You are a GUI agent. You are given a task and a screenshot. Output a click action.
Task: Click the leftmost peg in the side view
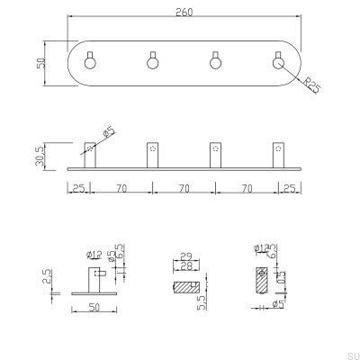[x=88, y=155]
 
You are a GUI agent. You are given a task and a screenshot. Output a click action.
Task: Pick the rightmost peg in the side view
[x=275, y=155]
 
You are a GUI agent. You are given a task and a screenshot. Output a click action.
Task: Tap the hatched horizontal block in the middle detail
[x=185, y=286]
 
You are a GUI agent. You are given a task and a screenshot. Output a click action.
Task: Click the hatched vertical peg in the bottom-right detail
[x=261, y=279]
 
